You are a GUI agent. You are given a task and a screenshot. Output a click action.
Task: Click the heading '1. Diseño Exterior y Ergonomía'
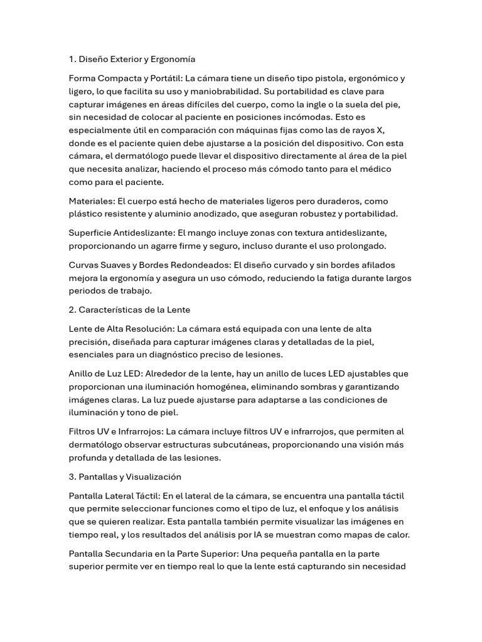click(x=132, y=60)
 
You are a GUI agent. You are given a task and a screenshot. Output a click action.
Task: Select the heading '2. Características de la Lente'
click(x=129, y=310)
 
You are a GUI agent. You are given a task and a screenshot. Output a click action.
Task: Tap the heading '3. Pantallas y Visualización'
click(x=125, y=477)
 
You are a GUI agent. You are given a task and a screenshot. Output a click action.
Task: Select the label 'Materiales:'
click(x=92, y=201)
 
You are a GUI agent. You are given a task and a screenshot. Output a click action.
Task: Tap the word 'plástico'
click(x=87, y=214)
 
